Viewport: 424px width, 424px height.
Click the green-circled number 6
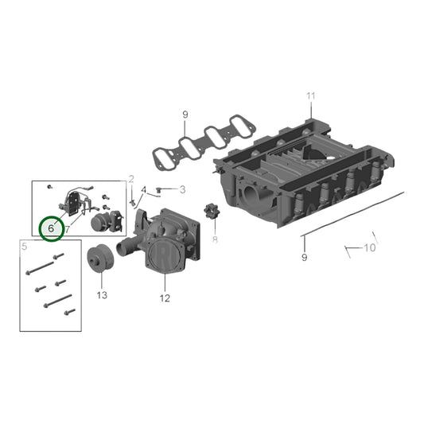point(52,228)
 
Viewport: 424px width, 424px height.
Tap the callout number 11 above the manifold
point(311,96)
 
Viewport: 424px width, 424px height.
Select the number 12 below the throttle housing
point(165,298)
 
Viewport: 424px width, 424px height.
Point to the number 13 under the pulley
point(102,295)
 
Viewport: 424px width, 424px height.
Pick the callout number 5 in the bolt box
point(25,247)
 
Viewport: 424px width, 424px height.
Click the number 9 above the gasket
point(185,115)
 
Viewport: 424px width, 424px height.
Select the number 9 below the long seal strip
point(303,258)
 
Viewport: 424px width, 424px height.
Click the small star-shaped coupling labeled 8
point(212,214)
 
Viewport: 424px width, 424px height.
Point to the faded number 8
point(216,237)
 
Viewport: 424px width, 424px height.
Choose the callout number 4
point(144,190)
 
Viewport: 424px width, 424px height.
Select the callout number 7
point(67,229)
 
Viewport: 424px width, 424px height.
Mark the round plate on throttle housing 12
point(165,254)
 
